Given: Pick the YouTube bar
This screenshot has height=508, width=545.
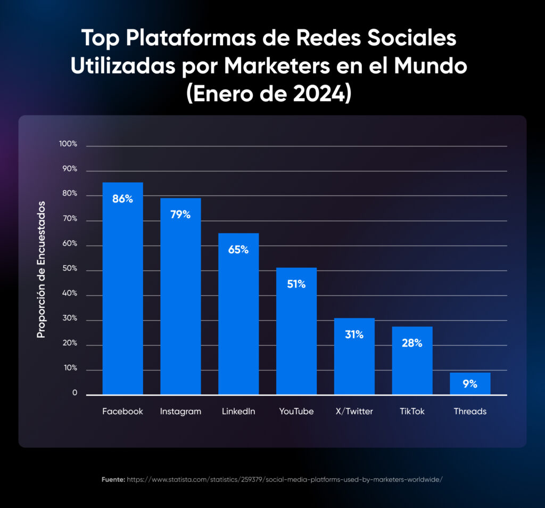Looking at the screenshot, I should click(x=296, y=330).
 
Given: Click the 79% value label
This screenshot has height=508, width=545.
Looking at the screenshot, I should click(x=180, y=215).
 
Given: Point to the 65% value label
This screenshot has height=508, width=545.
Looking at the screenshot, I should click(x=238, y=249).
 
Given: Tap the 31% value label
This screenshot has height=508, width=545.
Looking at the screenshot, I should click(x=354, y=334).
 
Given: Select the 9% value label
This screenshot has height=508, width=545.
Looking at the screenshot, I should click(x=470, y=383).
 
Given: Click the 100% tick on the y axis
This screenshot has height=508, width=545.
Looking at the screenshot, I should click(x=68, y=144).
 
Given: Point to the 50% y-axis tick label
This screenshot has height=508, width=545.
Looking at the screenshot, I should click(x=69, y=269).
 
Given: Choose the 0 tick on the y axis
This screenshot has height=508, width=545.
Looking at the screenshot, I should click(x=75, y=394).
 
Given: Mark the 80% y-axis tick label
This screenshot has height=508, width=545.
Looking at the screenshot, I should click(x=69, y=194).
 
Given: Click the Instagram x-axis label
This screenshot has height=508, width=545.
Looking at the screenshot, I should click(x=180, y=412).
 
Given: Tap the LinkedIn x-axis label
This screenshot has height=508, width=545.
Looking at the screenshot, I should click(x=238, y=412).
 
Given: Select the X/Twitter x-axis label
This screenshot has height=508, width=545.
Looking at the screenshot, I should click(x=354, y=412).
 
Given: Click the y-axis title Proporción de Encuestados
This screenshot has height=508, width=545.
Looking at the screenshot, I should click(x=41, y=269).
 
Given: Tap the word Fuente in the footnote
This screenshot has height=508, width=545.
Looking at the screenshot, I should click(x=113, y=480).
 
